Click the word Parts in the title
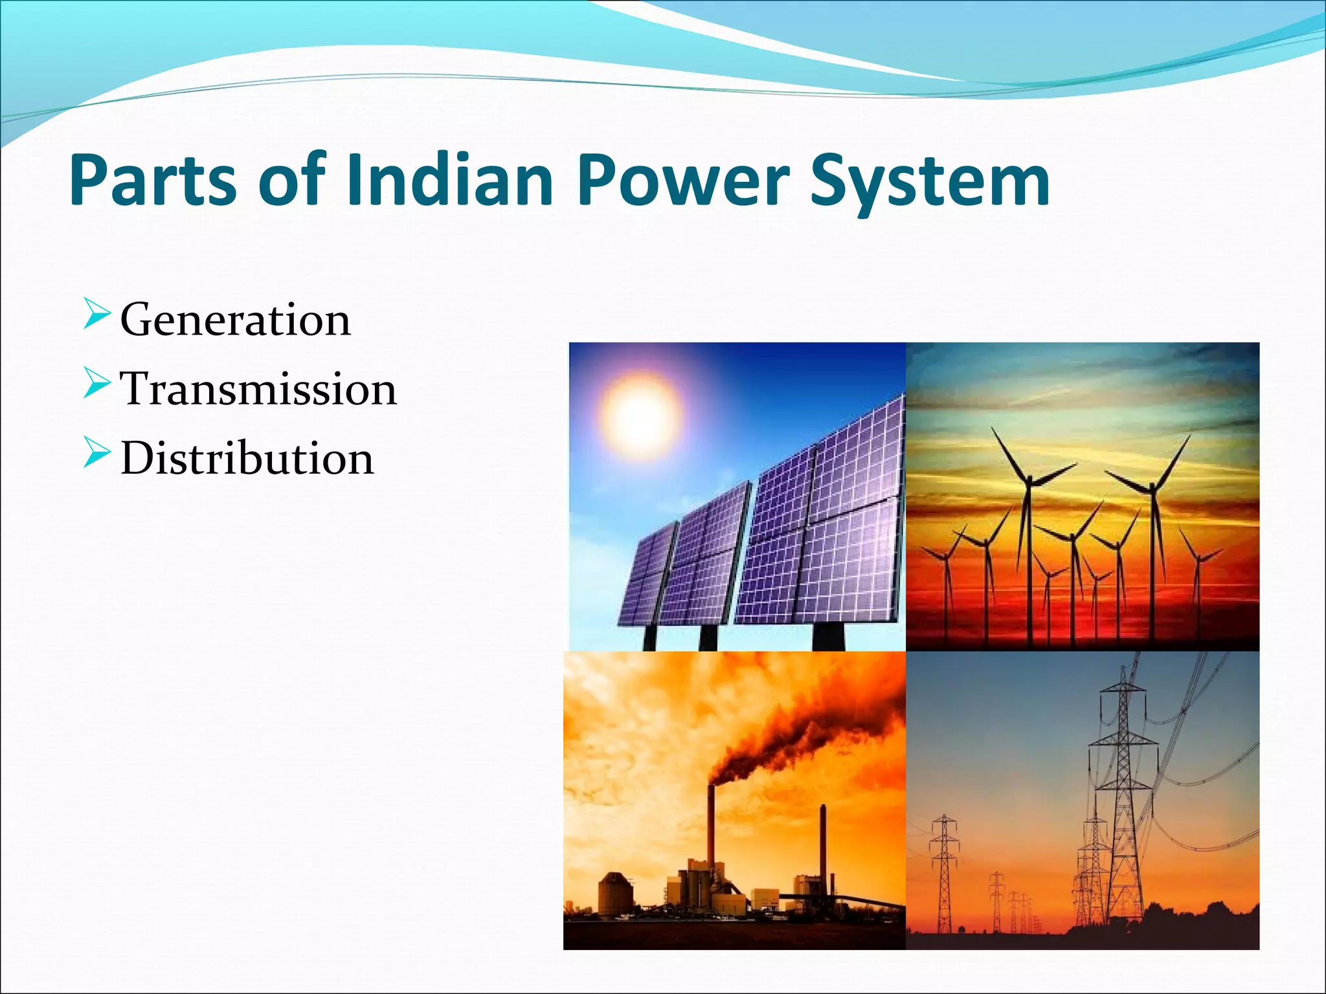tap(153, 181)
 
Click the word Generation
tap(235, 320)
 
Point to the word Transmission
tap(258, 389)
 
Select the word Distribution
tap(247, 458)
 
